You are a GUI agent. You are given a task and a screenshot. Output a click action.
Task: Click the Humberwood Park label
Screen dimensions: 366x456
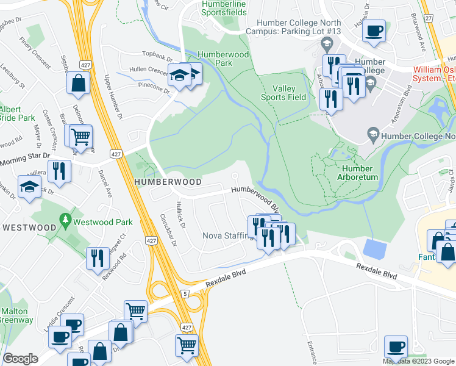[x=215, y=59]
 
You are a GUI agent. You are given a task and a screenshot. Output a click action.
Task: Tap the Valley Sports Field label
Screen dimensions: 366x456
[x=283, y=93]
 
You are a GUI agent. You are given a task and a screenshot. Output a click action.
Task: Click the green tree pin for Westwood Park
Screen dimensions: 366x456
[x=64, y=220]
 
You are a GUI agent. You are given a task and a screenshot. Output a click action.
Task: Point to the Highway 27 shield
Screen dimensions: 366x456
[x=429, y=19]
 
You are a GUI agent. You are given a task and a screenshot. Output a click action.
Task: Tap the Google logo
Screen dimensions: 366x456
[x=20, y=359]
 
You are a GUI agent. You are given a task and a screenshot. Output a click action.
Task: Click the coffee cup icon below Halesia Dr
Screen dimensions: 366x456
[x=374, y=30]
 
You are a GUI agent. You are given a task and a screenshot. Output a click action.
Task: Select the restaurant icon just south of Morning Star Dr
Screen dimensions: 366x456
[x=59, y=170]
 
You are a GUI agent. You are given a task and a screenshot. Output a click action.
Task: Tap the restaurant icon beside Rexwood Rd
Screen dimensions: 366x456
[x=98, y=258]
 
